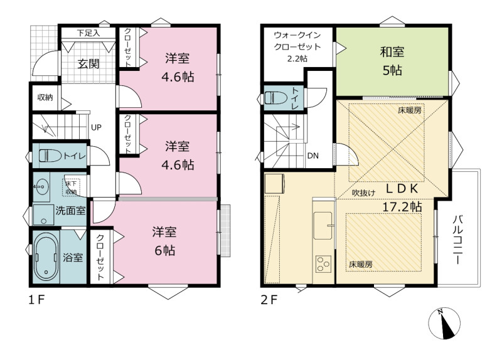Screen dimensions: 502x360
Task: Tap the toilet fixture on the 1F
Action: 50,156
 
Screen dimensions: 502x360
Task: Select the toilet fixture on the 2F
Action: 277,98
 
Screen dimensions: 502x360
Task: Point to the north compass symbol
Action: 444,323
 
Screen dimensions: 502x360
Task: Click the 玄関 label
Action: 88,64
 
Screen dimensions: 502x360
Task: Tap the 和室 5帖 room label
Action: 392,61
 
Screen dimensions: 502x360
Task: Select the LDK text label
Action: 402,189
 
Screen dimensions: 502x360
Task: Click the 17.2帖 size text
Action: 402,207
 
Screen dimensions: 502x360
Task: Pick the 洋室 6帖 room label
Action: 164,241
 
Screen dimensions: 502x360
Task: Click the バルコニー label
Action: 458,240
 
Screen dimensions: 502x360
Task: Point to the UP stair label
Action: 96,127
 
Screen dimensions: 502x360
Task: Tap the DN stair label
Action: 312,156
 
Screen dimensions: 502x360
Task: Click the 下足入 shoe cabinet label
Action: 88,33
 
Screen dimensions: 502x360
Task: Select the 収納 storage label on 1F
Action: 45,97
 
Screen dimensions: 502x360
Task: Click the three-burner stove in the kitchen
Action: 323,264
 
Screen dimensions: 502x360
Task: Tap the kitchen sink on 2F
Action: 323,226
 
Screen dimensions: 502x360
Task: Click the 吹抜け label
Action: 364,193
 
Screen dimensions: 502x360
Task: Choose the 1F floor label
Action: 36,300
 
